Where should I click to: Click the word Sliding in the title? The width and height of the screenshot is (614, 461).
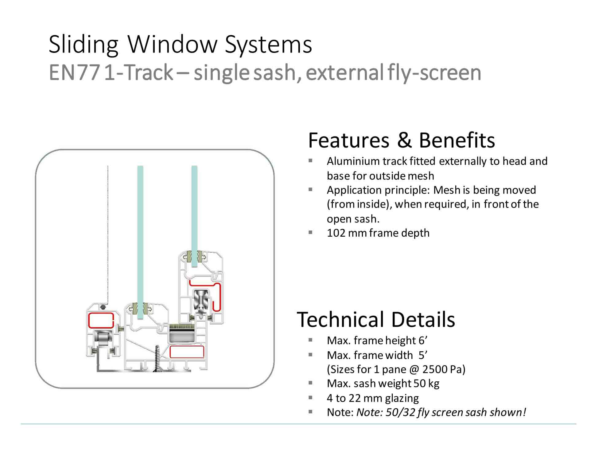pyautogui.click(x=84, y=45)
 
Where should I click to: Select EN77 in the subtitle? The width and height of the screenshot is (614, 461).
pyautogui.click(x=74, y=73)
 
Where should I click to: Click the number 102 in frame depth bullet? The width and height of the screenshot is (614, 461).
pyautogui.click(x=336, y=233)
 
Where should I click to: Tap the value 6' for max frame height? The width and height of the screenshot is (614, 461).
pyautogui.click(x=423, y=340)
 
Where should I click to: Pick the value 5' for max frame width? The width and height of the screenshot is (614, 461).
pyautogui.click(x=423, y=355)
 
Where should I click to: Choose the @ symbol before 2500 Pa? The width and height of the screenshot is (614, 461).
pyautogui.click(x=414, y=369)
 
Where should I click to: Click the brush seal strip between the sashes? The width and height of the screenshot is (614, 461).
pyautogui.click(x=182, y=327)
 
